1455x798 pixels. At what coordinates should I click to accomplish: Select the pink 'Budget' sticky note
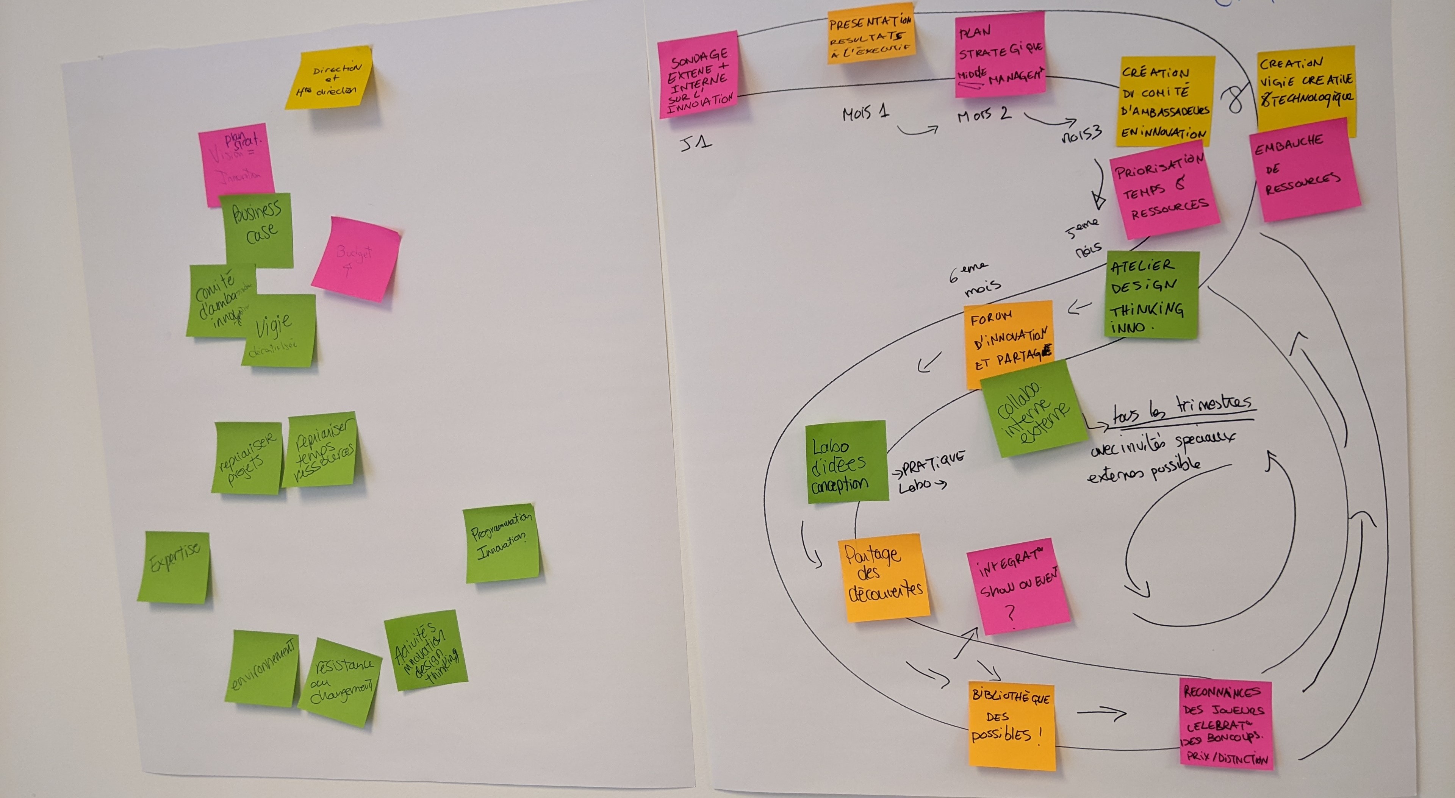(356, 259)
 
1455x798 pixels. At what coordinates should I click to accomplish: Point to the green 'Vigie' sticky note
(279, 332)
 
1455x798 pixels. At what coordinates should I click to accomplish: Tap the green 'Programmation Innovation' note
(501, 543)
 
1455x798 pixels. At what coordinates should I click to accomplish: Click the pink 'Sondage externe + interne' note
(699, 75)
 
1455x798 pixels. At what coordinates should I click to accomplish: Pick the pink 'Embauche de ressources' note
(1303, 169)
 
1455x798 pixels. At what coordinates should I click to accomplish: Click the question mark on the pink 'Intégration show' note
(1011, 613)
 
